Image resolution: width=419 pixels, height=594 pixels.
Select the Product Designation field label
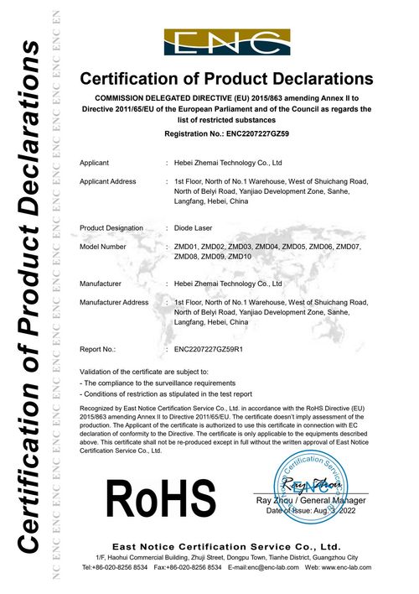[x=111, y=228]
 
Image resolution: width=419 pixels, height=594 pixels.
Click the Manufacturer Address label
[x=114, y=302]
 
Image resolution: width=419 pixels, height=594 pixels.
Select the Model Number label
[x=102, y=247]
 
